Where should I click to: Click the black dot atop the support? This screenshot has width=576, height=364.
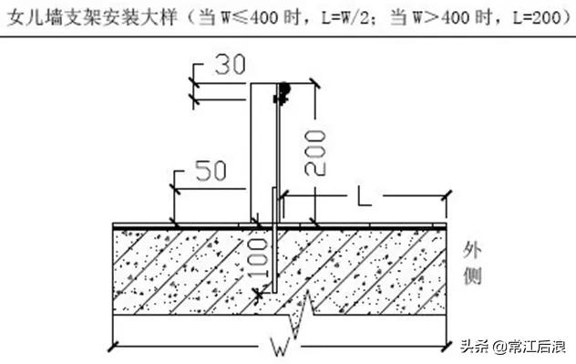click(x=284, y=88)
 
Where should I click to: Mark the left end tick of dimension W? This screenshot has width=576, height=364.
click(x=112, y=345)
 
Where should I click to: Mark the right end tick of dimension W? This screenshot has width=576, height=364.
click(x=447, y=345)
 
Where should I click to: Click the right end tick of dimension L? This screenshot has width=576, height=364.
click(x=447, y=193)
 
